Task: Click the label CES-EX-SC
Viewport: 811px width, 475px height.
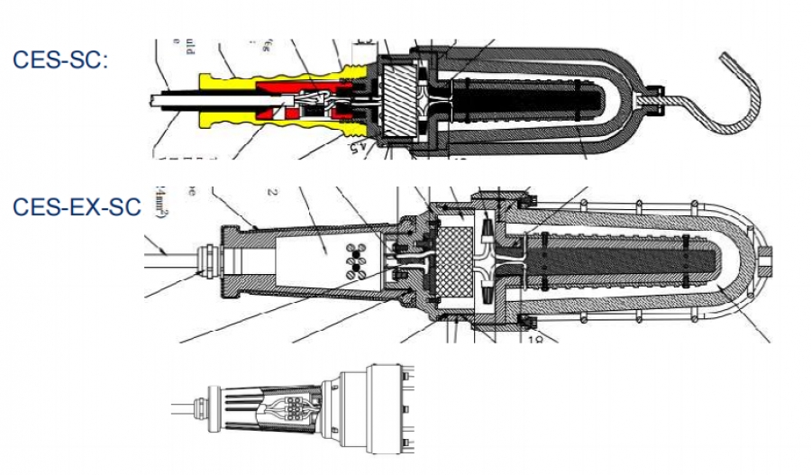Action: point(77,206)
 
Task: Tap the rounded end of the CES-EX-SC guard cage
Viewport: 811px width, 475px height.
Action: point(761,261)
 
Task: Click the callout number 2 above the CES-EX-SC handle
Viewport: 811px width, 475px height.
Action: point(271,192)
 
